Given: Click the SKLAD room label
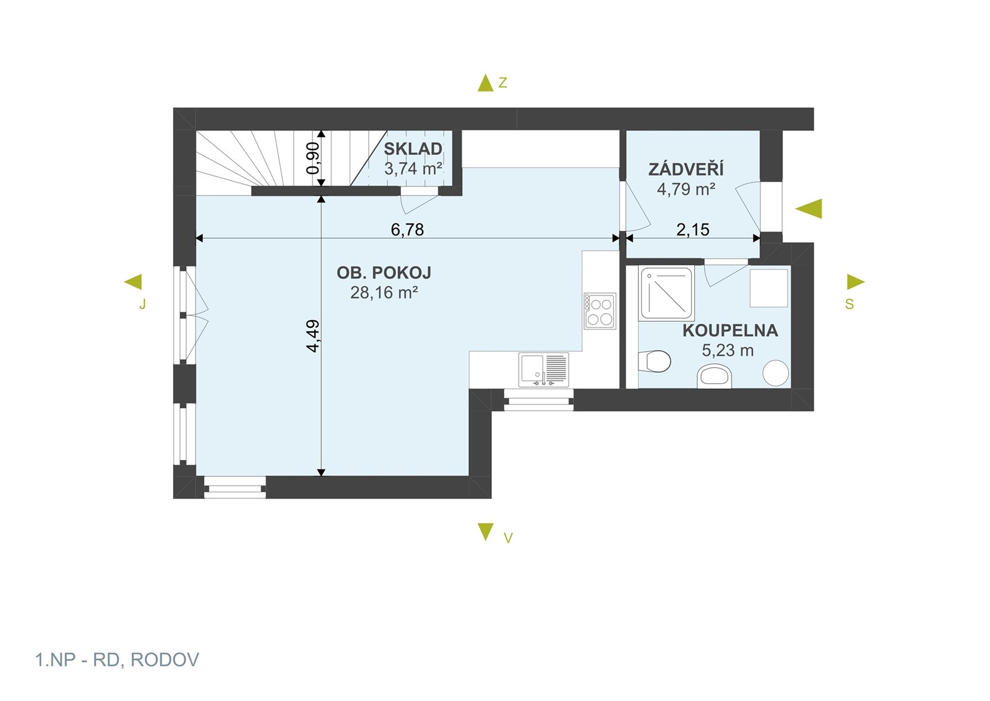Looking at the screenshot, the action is [413, 149].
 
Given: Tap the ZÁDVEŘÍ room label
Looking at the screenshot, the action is [686, 170].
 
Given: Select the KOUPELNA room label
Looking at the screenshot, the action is [730, 331].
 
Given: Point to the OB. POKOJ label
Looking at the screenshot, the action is [384, 273].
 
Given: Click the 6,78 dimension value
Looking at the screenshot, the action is [407, 230].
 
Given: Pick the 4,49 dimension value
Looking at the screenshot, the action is [312, 336].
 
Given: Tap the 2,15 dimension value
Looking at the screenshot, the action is [692, 230].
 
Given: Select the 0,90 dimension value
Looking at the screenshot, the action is [312, 159].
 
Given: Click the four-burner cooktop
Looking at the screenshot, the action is [600, 311].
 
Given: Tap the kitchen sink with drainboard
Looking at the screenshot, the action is [544, 370].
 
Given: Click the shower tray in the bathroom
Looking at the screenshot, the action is [666, 294].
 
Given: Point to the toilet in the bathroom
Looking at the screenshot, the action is [655, 361].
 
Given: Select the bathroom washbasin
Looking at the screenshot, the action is [714, 377].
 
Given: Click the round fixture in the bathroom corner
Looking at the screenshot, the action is [776, 373].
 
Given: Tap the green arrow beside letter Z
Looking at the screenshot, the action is [485, 83].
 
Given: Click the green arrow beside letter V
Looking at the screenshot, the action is [485, 531].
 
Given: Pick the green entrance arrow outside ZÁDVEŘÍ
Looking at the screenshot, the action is [809, 209].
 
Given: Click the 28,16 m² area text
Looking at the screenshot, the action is [384, 293].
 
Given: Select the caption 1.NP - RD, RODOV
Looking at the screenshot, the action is [117, 660].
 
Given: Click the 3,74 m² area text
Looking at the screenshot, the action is [413, 169].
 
